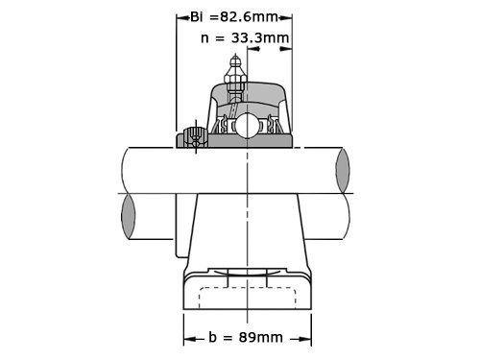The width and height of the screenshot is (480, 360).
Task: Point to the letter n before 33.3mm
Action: tap(206, 38)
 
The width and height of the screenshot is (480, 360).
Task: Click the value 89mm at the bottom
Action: tap(258, 337)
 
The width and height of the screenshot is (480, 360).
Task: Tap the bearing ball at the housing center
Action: tap(247, 126)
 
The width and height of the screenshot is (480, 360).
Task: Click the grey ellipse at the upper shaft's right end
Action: tap(343, 170)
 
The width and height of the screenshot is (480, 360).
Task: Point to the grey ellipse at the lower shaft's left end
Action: tap(129, 217)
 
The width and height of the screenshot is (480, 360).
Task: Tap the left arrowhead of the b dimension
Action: tap(188, 338)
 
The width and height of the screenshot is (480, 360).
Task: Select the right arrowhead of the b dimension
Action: tap(306, 338)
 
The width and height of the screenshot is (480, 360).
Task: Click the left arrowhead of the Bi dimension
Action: tap(180, 16)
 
